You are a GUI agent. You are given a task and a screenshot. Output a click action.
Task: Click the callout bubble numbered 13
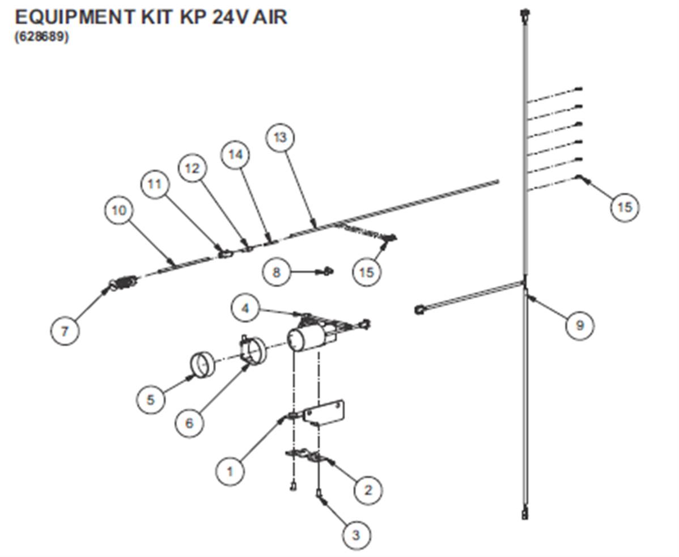[280, 138]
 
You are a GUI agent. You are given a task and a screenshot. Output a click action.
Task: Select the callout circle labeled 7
[65, 331]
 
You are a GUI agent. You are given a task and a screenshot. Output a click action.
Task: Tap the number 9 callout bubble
[580, 325]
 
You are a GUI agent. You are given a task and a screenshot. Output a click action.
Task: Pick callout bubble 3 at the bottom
[356, 535]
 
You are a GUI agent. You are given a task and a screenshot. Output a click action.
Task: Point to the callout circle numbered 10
[119, 210]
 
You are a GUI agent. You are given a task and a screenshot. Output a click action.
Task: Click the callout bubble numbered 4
[245, 308]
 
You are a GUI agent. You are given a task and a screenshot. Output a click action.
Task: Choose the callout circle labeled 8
[277, 272]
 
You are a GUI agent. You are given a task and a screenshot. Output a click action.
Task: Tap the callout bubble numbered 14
[236, 155]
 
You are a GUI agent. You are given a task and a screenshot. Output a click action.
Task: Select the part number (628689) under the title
[42, 37]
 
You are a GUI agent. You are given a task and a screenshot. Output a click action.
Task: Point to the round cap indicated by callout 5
[203, 365]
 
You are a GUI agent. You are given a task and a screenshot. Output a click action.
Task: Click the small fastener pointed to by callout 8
[328, 271]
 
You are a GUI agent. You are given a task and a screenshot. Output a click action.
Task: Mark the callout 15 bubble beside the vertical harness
[625, 207]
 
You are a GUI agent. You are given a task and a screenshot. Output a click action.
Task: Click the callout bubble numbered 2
[368, 490]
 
